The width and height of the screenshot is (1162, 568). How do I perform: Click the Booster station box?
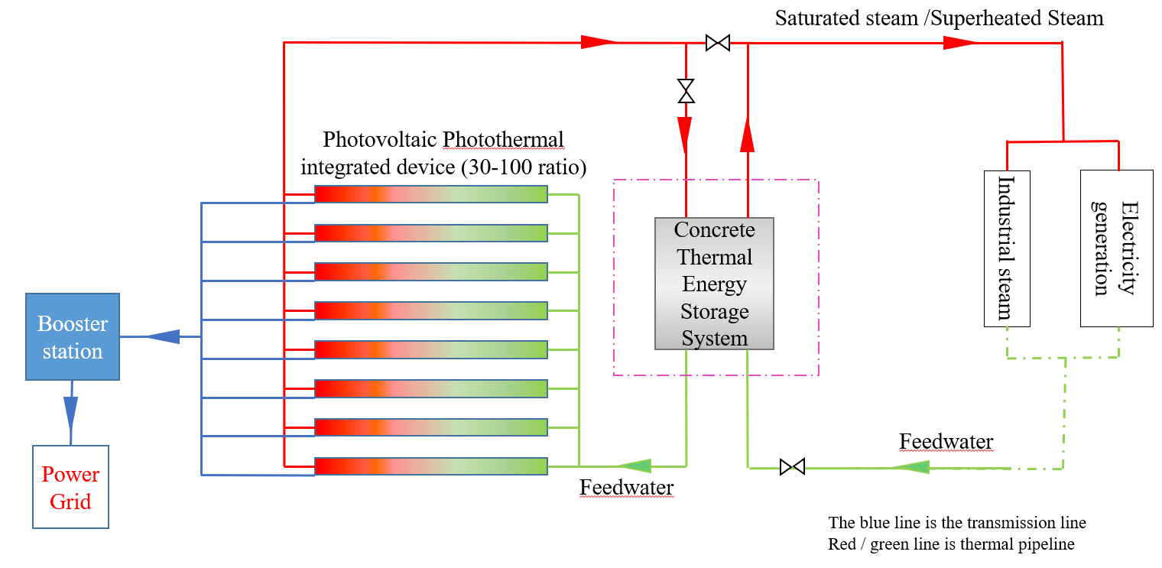click(x=73, y=337)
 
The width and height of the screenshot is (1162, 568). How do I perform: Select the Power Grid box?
click(x=70, y=487)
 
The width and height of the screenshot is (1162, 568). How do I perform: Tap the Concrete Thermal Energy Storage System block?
click(x=714, y=284)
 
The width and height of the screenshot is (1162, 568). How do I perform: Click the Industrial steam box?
click(x=1006, y=248)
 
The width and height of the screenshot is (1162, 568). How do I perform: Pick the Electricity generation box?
click(x=1116, y=248)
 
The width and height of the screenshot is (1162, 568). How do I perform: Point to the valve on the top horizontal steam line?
click(x=717, y=43)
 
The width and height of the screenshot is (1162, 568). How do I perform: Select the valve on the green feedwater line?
click(x=792, y=466)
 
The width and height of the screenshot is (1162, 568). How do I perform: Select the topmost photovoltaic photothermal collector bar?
click(x=431, y=194)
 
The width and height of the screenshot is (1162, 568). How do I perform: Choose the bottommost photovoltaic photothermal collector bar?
click(x=431, y=466)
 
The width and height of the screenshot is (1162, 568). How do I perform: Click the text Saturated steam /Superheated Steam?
click(x=939, y=18)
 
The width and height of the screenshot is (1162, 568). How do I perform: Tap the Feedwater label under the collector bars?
click(x=626, y=487)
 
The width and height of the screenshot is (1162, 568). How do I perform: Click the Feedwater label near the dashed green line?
click(x=946, y=441)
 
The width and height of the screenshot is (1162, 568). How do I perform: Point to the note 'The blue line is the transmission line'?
click(x=956, y=523)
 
